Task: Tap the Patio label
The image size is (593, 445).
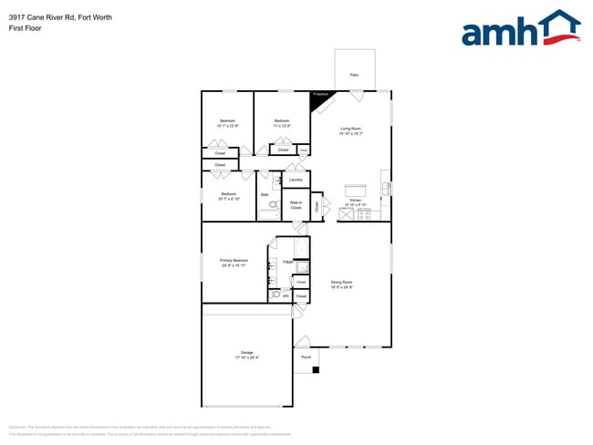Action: click(x=354, y=74)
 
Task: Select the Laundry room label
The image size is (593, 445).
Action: click(x=296, y=180)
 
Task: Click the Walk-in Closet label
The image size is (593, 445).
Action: click(x=296, y=205)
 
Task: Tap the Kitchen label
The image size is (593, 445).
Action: click(x=356, y=201)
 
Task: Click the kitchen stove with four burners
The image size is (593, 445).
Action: click(x=376, y=214)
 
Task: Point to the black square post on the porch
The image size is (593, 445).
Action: click(x=316, y=369)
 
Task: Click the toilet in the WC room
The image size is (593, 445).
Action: click(x=276, y=295)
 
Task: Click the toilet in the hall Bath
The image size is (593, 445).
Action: click(x=273, y=205)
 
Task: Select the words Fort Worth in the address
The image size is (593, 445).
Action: click(x=95, y=16)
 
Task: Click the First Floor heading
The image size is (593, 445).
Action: click(x=25, y=28)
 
